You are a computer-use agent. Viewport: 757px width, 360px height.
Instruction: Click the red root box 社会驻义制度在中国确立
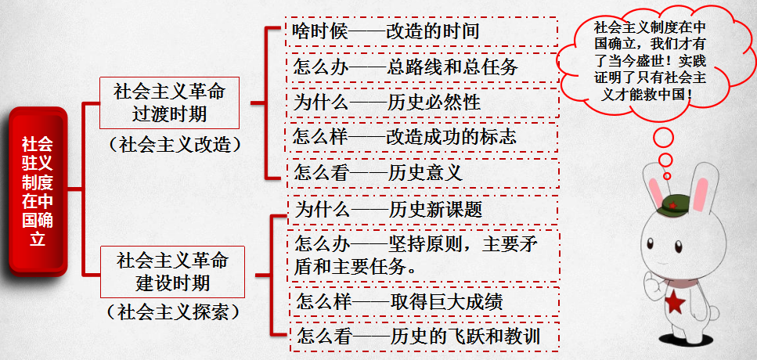(38, 190)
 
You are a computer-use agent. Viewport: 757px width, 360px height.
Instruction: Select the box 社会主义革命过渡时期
(169, 103)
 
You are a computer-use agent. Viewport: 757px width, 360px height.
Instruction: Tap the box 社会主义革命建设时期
(172, 271)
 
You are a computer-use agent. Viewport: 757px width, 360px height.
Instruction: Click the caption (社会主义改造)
(174, 145)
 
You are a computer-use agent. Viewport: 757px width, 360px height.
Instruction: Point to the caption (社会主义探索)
(174, 312)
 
